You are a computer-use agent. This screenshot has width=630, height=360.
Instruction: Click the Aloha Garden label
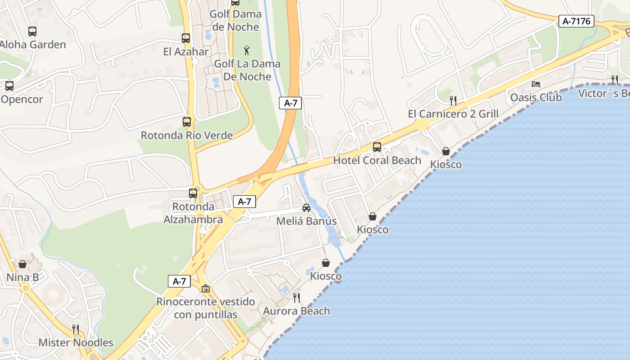coord(33,45)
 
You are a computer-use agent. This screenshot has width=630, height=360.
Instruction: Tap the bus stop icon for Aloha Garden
coord(32,31)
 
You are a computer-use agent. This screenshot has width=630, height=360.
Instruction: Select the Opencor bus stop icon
coord(9,86)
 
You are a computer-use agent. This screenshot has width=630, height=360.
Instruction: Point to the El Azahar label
coord(186,52)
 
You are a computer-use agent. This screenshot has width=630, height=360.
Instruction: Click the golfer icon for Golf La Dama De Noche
coord(247,50)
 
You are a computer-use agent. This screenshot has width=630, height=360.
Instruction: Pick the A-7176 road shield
coord(576,21)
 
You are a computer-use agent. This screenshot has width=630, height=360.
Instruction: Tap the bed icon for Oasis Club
coord(536,84)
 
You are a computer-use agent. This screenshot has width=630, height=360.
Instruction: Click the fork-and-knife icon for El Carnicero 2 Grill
coord(453,100)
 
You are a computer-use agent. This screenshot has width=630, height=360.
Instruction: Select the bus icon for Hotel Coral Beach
coord(377,147)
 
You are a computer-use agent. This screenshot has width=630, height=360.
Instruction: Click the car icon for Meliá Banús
coord(306,208)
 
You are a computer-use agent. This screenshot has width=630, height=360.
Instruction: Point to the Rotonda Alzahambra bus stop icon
coord(193,193)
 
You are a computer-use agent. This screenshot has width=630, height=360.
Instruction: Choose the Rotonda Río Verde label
coord(187,135)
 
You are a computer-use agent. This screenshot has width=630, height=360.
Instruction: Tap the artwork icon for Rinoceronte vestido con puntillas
coord(206,288)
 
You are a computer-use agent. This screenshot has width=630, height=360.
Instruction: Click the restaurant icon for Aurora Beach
coord(296,298)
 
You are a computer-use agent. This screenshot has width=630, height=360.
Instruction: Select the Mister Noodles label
coord(76,342)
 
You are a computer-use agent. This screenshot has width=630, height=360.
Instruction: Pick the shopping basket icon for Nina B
coord(22,264)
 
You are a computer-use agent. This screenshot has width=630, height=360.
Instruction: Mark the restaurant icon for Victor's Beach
coord(615,80)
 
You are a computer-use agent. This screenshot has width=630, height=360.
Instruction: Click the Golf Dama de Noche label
coord(236,20)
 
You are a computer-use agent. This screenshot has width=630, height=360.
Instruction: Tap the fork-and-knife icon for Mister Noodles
coord(76,329)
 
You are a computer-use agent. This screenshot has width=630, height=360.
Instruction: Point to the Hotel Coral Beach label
coord(377,160)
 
